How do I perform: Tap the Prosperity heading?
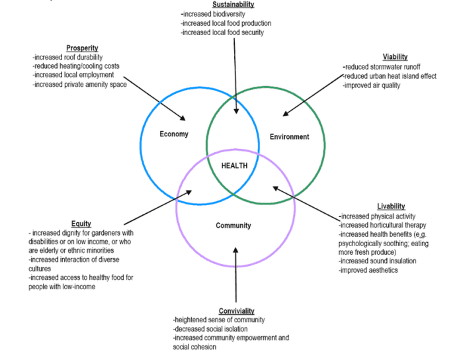tap(82, 48)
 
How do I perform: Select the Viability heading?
tap(395, 57)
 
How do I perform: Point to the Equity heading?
tap(81, 224)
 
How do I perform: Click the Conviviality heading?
tap(235, 311)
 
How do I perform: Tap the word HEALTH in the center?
tap(234, 166)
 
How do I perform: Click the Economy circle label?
tap(174, 134)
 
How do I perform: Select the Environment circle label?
tap(289, 137)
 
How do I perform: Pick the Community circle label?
tap(233, 226)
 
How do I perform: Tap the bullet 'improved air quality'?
tap(372, 85)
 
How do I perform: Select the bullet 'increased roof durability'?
tap(67, 58)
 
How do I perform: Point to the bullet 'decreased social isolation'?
tap(210, 329)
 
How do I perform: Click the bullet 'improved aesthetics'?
tap(368, 270)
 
